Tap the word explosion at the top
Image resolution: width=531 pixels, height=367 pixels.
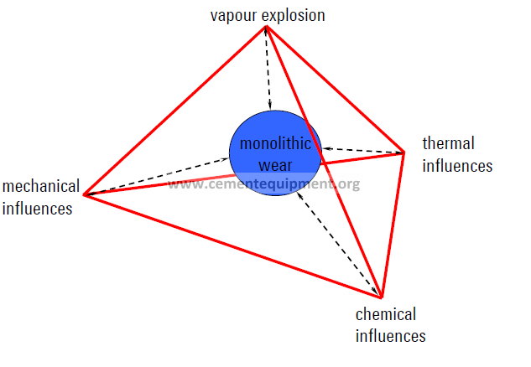(x=294, y=15)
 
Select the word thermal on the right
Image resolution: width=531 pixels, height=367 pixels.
(x=448, y=143)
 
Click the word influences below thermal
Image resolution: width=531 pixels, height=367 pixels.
(x=457, y=166)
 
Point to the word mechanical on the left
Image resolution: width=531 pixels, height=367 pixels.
(x=41, y=186)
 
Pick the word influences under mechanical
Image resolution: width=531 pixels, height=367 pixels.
(x=37, y=209)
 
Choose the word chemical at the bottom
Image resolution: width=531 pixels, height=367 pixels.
(x=386, y=314)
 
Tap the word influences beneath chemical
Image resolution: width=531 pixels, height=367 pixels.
(x=390, y=336)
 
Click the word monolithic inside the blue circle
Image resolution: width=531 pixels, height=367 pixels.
(x=275, y=143)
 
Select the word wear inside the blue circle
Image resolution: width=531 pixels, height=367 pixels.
(x=275, y=165)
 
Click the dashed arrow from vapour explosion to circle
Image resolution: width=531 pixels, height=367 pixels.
(x=268, y=69)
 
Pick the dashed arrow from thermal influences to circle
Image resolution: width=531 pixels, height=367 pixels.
(x=363, y=151)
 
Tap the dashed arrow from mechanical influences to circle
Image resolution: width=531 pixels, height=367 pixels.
(x=157, y=176)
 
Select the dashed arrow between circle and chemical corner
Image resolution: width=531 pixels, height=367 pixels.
(x=338, y=244)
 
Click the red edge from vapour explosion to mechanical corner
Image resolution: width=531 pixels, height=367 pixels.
(x=174, y=111)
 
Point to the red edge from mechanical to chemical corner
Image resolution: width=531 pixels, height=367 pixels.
(x=232, y=246)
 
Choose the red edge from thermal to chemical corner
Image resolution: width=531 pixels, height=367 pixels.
(x=393, y=225)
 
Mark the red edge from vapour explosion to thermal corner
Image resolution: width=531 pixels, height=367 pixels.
(x=336, y=90)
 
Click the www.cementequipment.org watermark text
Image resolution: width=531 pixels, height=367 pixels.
(x=263, y=184)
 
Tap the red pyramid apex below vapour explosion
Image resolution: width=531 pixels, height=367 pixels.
(x=266, y=27)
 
